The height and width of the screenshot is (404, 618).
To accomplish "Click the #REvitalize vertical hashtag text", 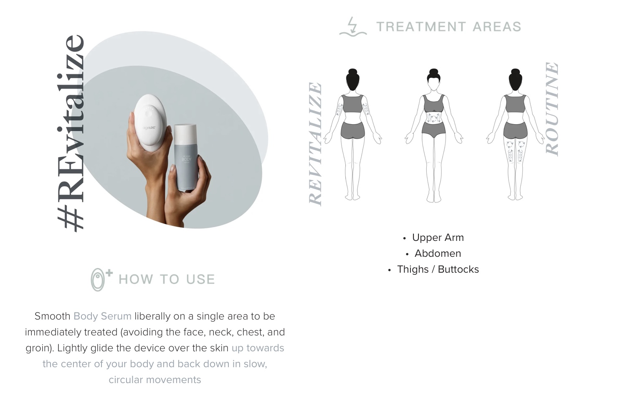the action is coord(70,133).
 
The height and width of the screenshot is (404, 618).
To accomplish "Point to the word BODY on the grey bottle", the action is coord(187,159).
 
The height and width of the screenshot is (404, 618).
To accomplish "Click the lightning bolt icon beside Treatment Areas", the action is coord(352,27).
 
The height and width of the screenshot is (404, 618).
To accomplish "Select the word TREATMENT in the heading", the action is coord(421,27).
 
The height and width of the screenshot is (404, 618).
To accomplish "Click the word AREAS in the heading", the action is coord(497,27).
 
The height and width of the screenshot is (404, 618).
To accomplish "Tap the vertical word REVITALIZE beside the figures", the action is coord(315,144).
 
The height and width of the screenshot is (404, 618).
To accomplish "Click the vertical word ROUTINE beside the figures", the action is coord(552,109).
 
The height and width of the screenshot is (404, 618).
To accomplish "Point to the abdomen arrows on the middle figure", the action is coord(434,118).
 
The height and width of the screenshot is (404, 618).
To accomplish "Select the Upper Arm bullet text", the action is coord(438,238).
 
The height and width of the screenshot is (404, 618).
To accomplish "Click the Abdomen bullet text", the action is coord(438,253).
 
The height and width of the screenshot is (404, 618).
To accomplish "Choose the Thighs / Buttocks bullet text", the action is coord(438,269).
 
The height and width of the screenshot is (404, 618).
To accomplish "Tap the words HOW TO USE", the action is coord(167,279).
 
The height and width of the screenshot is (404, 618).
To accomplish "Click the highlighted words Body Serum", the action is coord(102,316).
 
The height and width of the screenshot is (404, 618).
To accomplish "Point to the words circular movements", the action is coord(155,380).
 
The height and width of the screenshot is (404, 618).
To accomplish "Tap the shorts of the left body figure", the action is coord(352,130).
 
